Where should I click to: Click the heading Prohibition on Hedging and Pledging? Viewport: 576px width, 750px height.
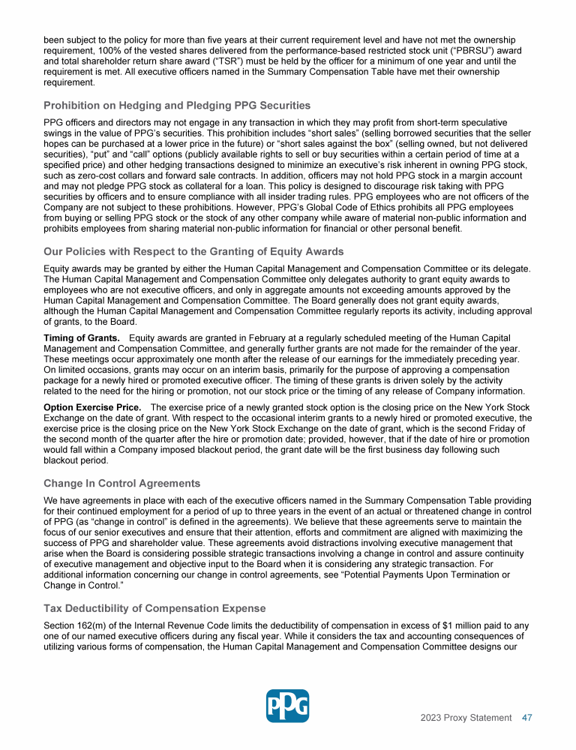click(177, 105)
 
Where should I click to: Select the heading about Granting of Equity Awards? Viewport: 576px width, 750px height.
click(193, 251)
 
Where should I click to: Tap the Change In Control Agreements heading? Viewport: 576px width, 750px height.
click(122, 482)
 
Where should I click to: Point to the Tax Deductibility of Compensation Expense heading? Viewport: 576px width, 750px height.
click(154, 607)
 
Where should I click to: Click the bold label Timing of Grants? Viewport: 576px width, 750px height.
click(81, 337)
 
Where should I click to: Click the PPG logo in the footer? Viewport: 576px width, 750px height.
click(287, 706)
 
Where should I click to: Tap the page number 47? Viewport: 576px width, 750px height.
click(527, 718)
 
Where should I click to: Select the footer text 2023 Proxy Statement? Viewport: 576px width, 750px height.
click(466, 718)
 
